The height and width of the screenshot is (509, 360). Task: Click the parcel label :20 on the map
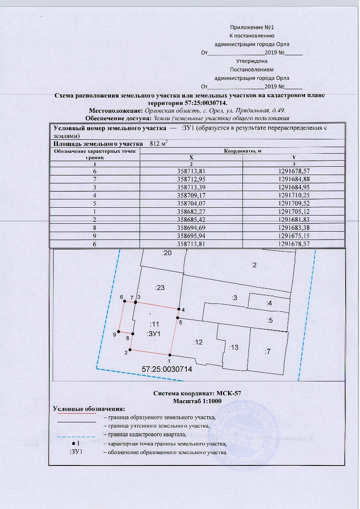tap(166, 252)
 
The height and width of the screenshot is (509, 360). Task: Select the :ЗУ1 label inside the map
tap(155, 334)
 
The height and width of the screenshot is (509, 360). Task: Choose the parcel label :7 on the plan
tap(268, 351)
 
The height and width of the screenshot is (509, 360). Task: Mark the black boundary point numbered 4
tap(178, 309)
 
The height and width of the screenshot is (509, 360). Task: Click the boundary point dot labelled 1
tap(170, 355)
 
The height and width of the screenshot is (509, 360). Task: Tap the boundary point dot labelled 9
tap(119, 332)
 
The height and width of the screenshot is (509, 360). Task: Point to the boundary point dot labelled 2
tap(130, 349)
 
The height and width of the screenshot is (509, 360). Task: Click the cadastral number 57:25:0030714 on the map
tap(167, 369)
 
